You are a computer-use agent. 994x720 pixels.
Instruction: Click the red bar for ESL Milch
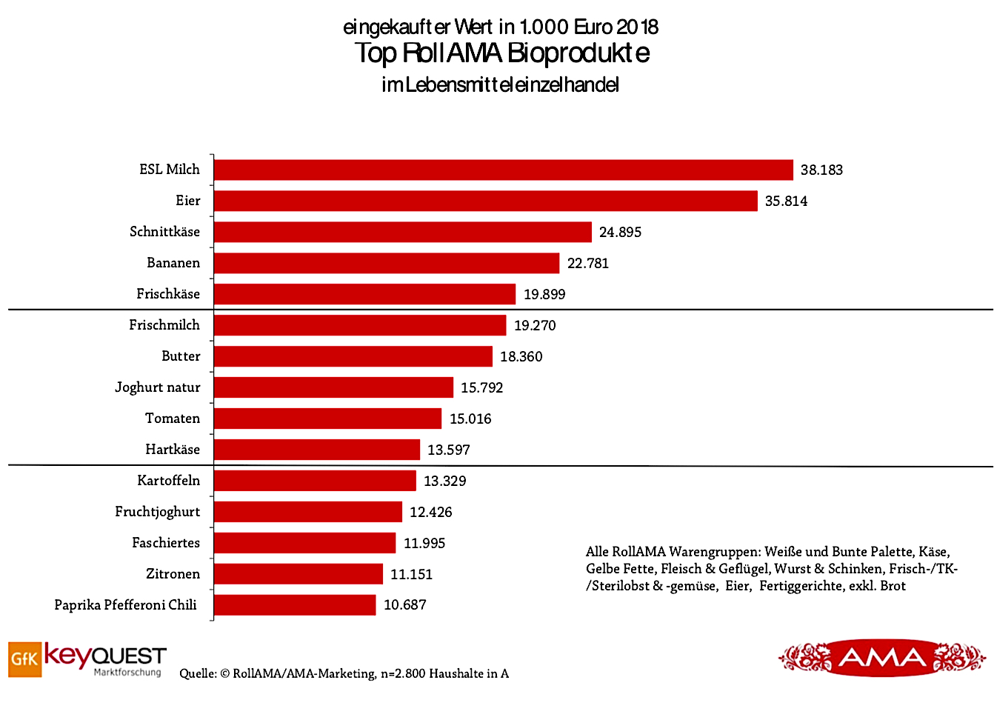pos(504,170)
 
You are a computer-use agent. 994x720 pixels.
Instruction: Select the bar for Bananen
pos(387,263)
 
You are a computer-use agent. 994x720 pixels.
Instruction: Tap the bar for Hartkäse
pos(317,450)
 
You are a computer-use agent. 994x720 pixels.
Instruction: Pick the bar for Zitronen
pos(298,574)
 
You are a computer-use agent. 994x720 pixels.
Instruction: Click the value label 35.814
pos(786,201)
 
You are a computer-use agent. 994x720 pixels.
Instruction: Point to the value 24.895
pos(620,233)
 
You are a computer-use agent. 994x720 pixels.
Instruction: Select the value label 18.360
pos(521,357)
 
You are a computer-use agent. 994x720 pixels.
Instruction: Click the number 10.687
pos(404,605)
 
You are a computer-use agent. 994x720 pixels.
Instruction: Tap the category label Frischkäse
pos(168,294)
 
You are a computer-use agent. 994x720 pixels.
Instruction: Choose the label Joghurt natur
pos(157,387)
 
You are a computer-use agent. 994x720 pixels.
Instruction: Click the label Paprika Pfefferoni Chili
pos(125,605)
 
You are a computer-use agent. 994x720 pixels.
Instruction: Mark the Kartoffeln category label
pos(168,481)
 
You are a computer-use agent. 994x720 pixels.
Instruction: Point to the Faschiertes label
pos(166,543)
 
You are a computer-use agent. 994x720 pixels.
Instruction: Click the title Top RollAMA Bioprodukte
pos(501,53)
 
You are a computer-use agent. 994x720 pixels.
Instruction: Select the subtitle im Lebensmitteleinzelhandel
pos(500,85)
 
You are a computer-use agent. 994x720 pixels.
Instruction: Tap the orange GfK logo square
pos(24,659)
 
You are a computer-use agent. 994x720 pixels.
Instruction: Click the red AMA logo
pos(881,658)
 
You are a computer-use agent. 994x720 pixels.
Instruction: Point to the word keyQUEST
pos(105,656)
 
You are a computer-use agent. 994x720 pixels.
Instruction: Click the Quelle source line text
pos(344,674)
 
